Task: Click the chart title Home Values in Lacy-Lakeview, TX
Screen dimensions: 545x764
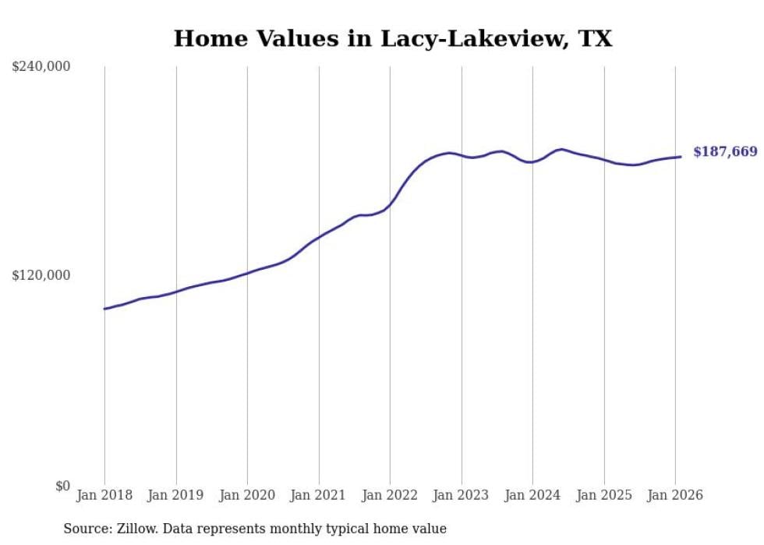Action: pyautogui.click(x=392, y=38)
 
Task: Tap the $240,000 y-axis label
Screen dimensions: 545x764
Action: pyautogui.click(x=41, y=67)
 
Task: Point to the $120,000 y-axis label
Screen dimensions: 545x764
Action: pyautogui.click(x=41, y=275)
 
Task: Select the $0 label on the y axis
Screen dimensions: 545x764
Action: pyautogui.click(x=62, y=486)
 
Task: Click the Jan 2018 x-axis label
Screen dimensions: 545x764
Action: pyautogui.click(x=104, y=496)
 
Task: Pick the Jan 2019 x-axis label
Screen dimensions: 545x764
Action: pyautogui.click(x=176, y=496)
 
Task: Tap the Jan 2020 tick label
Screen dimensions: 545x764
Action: pyautogui.click(x=247, y=496)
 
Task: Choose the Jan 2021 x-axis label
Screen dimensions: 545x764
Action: pyautogui.click(x=319, y=496)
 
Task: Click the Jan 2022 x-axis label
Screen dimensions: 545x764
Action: pyautogui.click(x=390, y=496)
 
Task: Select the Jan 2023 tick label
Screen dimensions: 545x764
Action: pyautogui.click(x=462, y=496)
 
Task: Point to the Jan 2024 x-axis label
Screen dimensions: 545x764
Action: pyautogui.click(x=532, y=496)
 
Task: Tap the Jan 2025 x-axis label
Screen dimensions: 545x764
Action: pyautogui.click(x=604, y=496)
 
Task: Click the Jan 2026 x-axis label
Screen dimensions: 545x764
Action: pyautogui.click(x=675, y=496)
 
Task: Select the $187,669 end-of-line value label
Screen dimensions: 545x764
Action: pyautogui.click(x=725, y=152)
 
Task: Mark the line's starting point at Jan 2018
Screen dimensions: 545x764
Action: pyautogui.click(x=104, y=309)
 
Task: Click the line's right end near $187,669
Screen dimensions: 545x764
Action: pyautogui.click(x=681, y=157)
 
